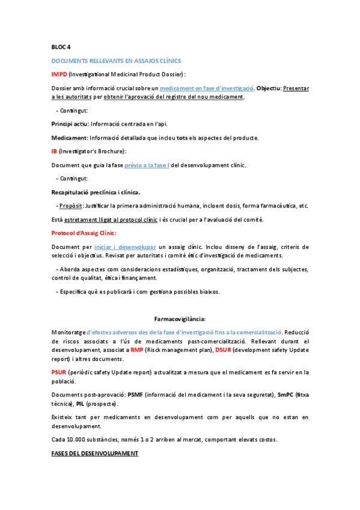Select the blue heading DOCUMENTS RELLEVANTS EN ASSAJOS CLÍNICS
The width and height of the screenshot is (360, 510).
[116, 61]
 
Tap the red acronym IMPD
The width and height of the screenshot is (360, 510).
[59, 74]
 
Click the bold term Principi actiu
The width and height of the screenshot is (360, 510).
[70, 124]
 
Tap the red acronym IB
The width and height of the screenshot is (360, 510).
[54, 152]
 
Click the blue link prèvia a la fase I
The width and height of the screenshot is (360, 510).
[147, 165]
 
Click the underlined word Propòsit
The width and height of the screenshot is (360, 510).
[72, 206]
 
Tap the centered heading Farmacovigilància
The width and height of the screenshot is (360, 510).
[180, 319]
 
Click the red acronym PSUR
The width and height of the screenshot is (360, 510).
[59, 372]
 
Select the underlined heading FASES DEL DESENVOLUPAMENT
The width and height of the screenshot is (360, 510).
[95, 453]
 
